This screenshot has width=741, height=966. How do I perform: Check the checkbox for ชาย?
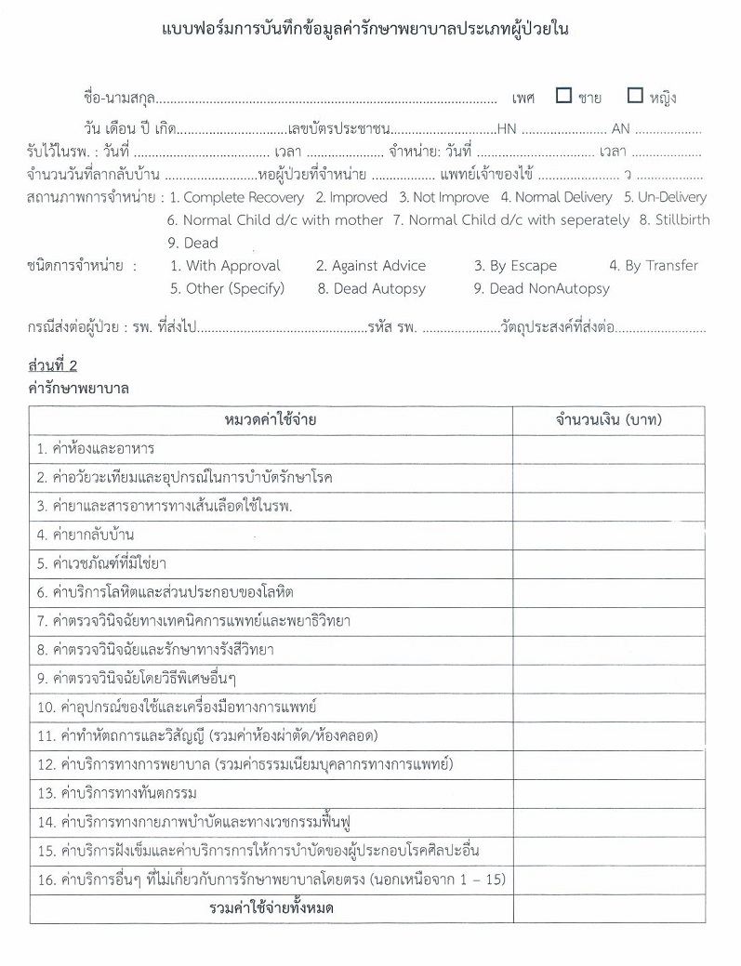pyautogui.click(x=563, y=96)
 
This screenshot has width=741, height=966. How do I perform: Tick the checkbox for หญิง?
pyautogui.click(x=635, y=96)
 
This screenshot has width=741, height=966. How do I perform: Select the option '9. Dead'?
pyautogui.click(x=192, y=243)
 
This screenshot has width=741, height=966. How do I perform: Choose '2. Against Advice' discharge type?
pyautogui.click(x=371, y=266)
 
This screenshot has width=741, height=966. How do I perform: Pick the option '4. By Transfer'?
pyautogui.click(x=654, y=266)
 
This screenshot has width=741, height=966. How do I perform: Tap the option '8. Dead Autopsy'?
pyautogui.click(x=371, y=288)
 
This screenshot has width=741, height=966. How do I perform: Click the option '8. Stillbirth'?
pyautogui.click(x=674, y=220)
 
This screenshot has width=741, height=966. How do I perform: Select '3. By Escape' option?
pyautogui.click(x=515, y=266)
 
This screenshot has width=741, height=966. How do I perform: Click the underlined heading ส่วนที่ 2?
pyautogui.click(x=53, y=364)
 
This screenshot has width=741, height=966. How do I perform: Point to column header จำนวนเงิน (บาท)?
pyautogui.click(x=608, y=421)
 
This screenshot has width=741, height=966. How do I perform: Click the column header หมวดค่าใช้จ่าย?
pyautogui.click(x=271, y=421)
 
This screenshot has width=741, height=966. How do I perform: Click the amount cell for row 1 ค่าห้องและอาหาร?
pyautogui.click(x=608, y=449)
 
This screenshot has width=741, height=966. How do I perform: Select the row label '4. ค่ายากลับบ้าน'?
pyautogui.click(x=86, y=535)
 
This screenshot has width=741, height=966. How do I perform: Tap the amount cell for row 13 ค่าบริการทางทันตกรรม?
pyautogui.click(x=608, y=793)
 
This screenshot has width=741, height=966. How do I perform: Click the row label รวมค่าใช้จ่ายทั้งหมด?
pyautogui.click(x=271, y=908)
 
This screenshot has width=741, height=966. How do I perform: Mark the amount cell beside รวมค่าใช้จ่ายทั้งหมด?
pyautogui.click(x=608, y=908)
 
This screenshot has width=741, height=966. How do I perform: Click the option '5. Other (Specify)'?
pyautogui.click(x=227, y=288)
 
